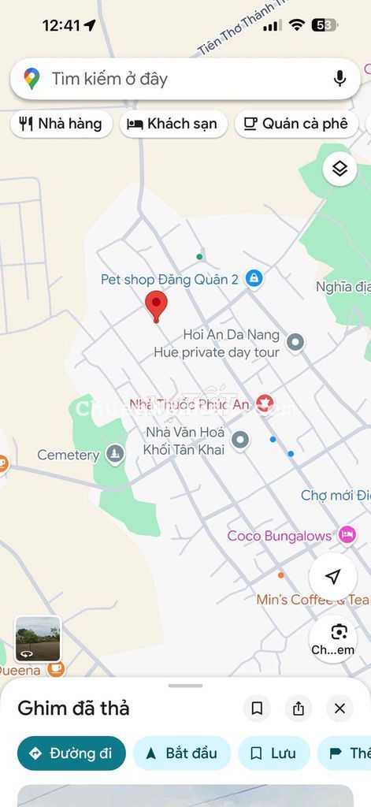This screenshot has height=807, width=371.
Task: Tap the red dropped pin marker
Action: [x=156, y=304]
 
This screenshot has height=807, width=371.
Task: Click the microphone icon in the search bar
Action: [x=339, y=79]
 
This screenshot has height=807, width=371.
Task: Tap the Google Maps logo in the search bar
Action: [x=32, y=79]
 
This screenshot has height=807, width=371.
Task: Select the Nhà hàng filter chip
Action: [x=61, y=124]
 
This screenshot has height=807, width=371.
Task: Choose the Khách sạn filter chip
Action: [x=173, y=124]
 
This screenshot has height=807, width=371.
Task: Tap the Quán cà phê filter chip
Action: [x=295, y=124]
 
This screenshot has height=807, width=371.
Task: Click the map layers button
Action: [x=339, y=169]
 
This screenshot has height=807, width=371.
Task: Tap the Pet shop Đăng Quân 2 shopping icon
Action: [x=254, y=278]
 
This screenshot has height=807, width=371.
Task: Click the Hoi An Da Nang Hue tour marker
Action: [x=295, y=342]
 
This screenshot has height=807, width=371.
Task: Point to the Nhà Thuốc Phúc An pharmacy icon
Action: [x=265, y=403]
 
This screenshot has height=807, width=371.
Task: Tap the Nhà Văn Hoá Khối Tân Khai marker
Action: [x=240, y=440]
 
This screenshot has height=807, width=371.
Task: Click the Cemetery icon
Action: [x=116, y=454]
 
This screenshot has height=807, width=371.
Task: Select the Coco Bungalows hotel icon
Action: [x=347, y=535]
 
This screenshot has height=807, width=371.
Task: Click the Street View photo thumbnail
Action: [x=38, y=638]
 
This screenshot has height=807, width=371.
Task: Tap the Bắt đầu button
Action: [x=182, y=753]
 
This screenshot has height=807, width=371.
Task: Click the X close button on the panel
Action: [x=339, y=708]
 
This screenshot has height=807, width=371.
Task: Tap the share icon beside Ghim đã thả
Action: [x=299, y=708]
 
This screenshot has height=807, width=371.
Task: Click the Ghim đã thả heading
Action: [x=73, y=708]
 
